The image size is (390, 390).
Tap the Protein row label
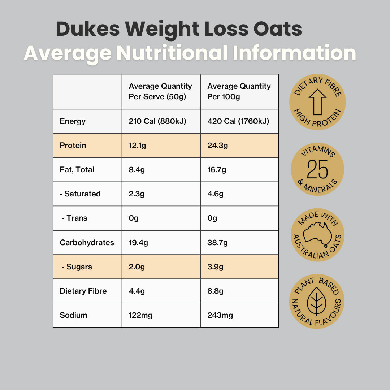(73, 146)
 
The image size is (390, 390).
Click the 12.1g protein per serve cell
(137, 146)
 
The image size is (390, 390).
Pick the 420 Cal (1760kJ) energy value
(238, 121)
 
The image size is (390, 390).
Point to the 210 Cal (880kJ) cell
(157, 121)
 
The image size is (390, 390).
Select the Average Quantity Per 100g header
(239, 91)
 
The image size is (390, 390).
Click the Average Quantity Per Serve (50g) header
(160, 91)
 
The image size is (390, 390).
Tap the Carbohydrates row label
(87, 242)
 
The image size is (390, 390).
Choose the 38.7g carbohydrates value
(217, 242)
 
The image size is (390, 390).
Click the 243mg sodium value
(220, 315)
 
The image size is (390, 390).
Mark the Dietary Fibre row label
(83, 291)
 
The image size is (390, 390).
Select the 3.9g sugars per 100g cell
(216, 267)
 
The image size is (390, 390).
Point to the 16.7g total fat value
(217, 170)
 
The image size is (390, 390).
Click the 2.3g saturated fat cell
(137, 194)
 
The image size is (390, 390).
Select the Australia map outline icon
(317, 233)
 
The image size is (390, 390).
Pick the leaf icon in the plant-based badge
(316, 302)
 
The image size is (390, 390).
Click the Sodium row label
(73, 315)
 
